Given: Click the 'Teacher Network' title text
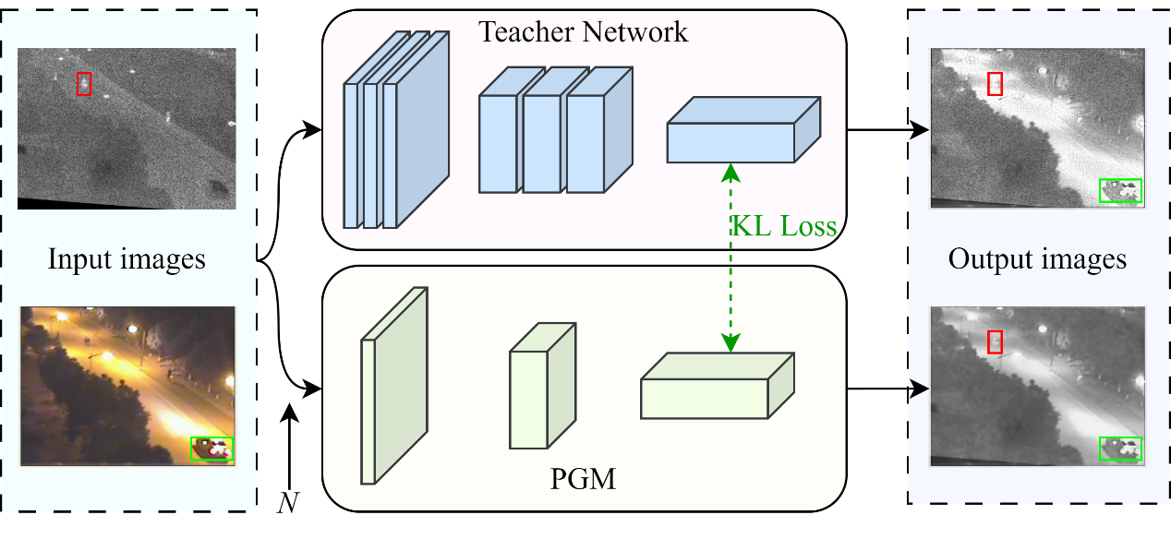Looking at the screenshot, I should pyautogui.click(x=583, y=32).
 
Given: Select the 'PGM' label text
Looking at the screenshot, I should pyautogui.click(x=583, y=479).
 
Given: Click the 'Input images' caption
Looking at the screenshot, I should pyautogui.click(x=127, y=259).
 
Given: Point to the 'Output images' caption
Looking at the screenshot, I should pyautogui.click(x=1037, y=258).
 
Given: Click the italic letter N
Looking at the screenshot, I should pyautogui.click(x=289, y=502).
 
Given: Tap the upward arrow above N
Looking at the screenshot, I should pyautogui.click(x=290, y=443).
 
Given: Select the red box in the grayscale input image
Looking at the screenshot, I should pyautogui.click(x=84, y=84).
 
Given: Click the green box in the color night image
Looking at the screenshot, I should pyautogui.click(x=211, y=449).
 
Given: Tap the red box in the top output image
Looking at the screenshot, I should pyautogui.click(x=995, y=83).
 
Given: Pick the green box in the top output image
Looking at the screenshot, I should pyautogui.click(x=1120, y=190).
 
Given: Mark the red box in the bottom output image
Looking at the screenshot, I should pyautogui.click(x=995, y=341).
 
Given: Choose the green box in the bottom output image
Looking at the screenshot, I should pyautogui.click(x=1120, y=449).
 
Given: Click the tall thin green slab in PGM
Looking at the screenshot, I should pyautogui.click(x=393, y=388).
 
